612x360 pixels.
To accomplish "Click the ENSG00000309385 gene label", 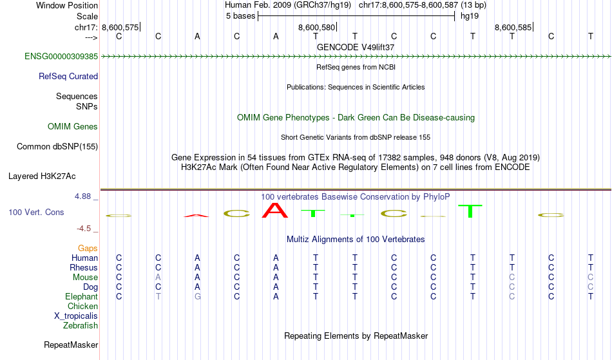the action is click(x=61, y=57).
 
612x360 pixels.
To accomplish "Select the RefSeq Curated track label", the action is click(x=68, y=77).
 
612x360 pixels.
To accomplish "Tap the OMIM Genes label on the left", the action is click(x=73, y=127).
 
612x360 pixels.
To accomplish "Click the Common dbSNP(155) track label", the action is click(x=57, y=147).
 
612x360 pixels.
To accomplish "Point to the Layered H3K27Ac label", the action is click(x=42, y=176).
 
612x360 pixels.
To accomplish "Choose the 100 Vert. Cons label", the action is click(x=36, y=212).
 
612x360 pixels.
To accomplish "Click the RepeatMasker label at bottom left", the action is click(x=71, y=345).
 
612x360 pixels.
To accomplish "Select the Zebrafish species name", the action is click(x=81, y=325).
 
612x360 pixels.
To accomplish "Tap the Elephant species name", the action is click(x=82, y=296).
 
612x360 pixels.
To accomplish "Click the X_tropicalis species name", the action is click(x=76, y=316).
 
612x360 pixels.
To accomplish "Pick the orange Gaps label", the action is click(x=88, y=249).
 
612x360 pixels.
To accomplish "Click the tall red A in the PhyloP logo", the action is click(x=275, y=210).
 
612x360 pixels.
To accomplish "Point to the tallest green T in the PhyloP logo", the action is click(x=470, y=211).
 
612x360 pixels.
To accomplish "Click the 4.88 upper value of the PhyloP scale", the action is click(x=83, y=196).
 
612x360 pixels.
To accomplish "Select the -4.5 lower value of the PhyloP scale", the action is click(x=84, y=229).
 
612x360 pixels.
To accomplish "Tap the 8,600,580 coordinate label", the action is click(x=316, y=27).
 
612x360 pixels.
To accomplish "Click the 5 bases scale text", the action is click(x=240, y=16).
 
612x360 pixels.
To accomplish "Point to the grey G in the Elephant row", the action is click(x=198, y=296).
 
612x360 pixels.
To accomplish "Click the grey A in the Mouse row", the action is click(x=158, y=278).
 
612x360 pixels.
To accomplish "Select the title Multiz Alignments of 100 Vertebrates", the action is click(x=356, y=240).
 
